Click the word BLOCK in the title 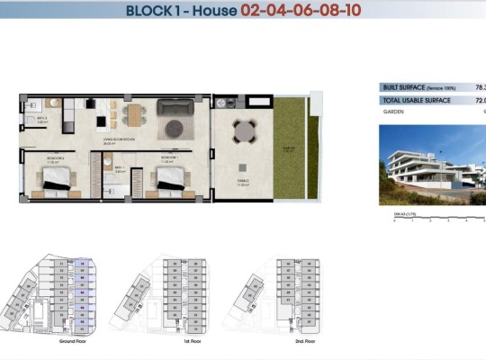point(151,12)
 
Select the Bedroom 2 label point(53,157)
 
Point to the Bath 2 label point(42,119)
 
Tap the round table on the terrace point(244,133)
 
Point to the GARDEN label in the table point(392,112)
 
